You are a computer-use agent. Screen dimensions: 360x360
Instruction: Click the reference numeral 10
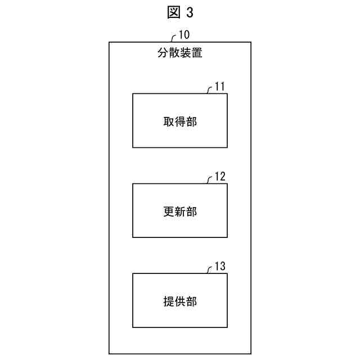[184, 34]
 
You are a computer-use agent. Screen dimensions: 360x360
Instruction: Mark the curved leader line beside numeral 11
[209, 90]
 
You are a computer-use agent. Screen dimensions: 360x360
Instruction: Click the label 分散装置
[180, 55]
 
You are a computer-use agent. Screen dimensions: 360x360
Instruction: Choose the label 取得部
[180, 121]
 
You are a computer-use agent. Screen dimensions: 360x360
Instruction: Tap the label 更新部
[180, 211]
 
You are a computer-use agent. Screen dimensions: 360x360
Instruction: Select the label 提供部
[180, 301]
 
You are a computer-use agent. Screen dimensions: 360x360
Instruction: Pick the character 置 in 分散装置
[197, 55]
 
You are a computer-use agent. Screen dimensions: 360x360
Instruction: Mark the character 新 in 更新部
[180, 211]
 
